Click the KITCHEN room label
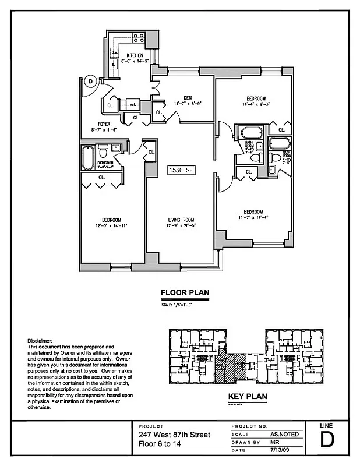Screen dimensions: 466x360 point(136,55)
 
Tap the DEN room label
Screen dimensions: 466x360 point(187,98)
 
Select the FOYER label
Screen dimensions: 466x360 point(104,124)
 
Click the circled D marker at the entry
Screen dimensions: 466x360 point(90,82)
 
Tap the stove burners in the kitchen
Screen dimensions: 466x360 point(139,39)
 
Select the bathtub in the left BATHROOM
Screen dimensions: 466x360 point(88,157)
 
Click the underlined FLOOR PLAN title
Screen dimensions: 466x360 point(185,293)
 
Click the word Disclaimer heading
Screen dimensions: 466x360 point(40,340)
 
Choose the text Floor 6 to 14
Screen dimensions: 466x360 point(158,444)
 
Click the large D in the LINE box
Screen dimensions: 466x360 point(328,440)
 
